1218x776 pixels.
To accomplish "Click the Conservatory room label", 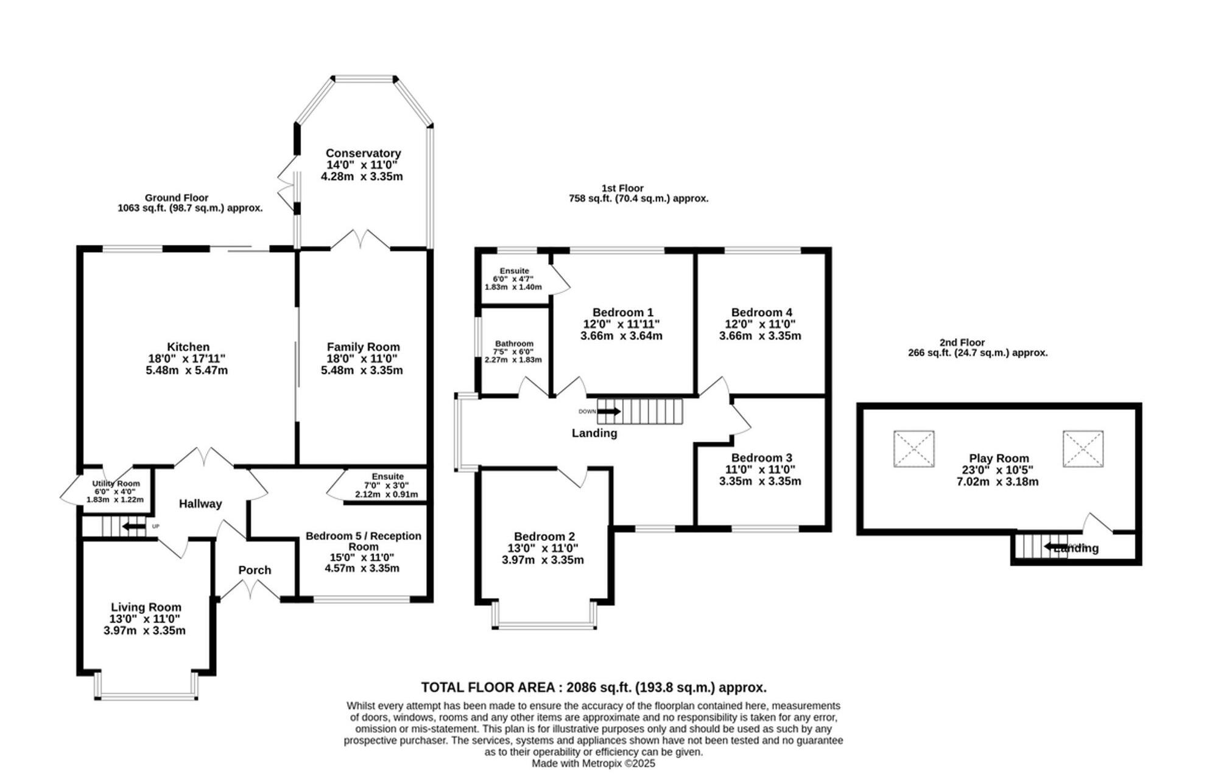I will point(363,153).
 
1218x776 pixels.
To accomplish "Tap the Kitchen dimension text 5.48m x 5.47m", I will point(186,370).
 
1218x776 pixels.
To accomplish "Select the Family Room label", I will point(363,347).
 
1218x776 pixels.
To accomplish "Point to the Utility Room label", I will point(116,484).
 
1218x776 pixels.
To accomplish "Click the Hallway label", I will point(200,504).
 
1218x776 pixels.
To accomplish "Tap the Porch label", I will point(255,570).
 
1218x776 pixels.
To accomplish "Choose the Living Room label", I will point(146,607).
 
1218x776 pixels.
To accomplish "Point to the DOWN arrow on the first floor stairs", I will point(610,412).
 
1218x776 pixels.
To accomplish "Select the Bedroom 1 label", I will point(622,312).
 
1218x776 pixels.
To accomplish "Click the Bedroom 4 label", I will point(761,312).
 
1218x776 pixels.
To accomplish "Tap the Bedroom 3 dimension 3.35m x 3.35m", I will point(760,481).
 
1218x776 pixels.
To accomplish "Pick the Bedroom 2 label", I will point(544,537).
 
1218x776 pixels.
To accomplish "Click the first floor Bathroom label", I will point(514,344).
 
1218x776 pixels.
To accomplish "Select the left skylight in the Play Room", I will point(913,449).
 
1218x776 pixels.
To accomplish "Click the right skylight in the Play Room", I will point(1083,449).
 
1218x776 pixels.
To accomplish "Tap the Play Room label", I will point(999,459).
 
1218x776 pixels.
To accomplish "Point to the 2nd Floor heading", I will point(962,342).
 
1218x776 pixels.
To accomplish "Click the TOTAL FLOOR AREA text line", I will point(594,688).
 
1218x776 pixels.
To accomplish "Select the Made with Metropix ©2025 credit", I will point(593,763).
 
